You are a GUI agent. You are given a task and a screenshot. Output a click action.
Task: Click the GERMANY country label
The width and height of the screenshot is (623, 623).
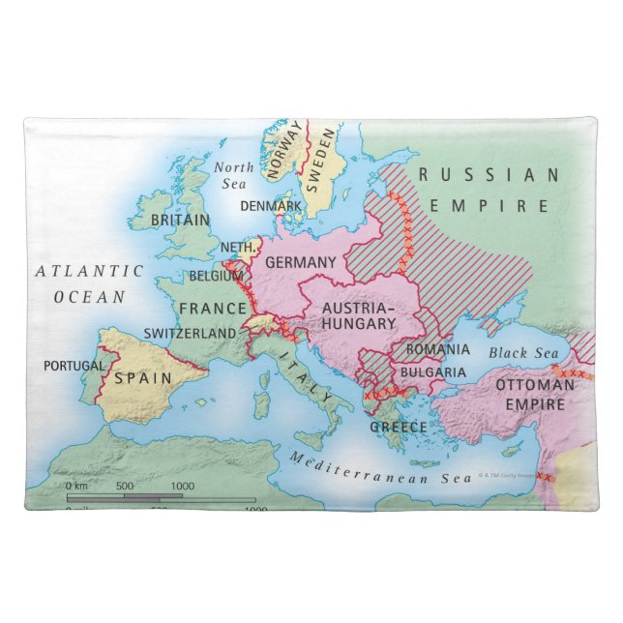click(x=300, y=262)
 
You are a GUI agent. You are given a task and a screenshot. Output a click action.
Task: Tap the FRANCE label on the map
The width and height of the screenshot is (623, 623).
click(x=212, y=309)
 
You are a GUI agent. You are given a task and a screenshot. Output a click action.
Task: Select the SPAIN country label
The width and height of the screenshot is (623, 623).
click(x=143, y=377)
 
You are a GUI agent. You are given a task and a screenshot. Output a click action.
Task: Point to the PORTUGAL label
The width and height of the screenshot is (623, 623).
click(x=74, y=366)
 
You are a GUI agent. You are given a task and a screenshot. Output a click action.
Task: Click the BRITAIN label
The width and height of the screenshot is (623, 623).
click(x=181, y=221)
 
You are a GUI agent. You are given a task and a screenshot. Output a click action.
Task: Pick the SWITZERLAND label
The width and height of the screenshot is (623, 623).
click(x=190, y=333)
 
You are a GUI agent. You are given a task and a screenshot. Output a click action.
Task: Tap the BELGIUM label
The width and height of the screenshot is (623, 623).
click(x=217, y=276)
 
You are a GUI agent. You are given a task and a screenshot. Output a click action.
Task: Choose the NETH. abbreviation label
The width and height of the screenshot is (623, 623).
click(x=239, y=248)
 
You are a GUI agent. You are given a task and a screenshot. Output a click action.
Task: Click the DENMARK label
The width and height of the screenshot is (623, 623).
click(x=270, y=206)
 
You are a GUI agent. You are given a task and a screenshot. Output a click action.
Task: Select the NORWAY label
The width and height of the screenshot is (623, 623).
click(x=282, y=155)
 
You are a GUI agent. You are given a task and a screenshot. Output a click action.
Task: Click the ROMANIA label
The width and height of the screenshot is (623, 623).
click(x=437, y=348)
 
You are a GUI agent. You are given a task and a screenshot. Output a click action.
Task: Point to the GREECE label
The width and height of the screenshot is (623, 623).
click(x=398, y=427)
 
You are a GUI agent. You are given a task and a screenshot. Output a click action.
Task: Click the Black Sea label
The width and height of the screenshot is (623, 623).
click(x=522, y=353)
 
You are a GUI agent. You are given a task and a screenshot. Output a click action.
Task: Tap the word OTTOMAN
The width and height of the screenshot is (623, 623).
click(x=528, y=385)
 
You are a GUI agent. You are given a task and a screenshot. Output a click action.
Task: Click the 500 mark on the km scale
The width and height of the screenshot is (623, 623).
click(x=125, y=486)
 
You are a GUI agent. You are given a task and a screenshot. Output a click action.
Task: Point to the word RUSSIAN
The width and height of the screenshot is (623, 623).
click(x=489, y=175)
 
